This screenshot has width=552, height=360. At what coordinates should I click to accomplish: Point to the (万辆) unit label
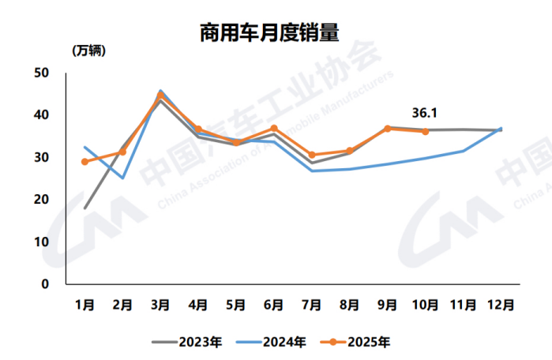(x=88, y=51)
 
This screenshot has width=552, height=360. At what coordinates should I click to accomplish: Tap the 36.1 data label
(x=425, y=111)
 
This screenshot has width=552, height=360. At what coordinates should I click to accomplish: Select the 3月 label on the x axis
(x=160, y=304)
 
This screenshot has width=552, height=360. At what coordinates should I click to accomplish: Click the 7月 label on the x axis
(x=312, y=304)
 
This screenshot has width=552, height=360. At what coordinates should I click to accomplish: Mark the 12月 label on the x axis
(x=501, y=304)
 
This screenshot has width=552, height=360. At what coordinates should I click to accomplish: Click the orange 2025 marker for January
(x=84, y=162)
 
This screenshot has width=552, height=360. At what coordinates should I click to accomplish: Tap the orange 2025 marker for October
(x=426, y=132)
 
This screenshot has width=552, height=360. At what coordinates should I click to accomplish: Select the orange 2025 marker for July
(x=312, y=155)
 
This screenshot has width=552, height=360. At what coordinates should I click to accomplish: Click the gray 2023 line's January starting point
(x=84, y=208)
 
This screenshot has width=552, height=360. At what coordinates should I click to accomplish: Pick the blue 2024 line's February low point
(x=122, y=178)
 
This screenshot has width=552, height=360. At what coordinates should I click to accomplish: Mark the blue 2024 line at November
(x=464, y=151)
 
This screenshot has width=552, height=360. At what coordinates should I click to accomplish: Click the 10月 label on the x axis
(x=426, y=304)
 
